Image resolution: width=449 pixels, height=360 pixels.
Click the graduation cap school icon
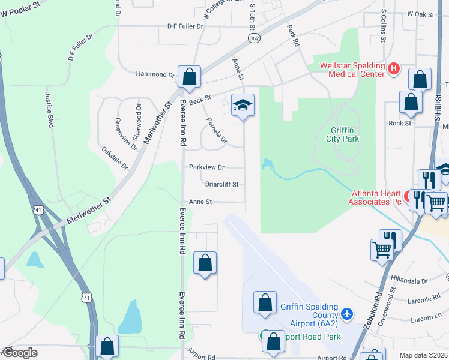tap(243, 105)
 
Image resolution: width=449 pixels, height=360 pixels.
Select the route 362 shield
tap(253, 38)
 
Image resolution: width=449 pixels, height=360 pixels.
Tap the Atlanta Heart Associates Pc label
tap(375, 197)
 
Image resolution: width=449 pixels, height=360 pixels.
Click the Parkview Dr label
tap(206, 167)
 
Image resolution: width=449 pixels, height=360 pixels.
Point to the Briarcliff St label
tap(221, 184)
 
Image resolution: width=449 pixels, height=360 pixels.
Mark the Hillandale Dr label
tap(408, 280)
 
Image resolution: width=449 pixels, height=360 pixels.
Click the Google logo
tap(20, 353)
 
